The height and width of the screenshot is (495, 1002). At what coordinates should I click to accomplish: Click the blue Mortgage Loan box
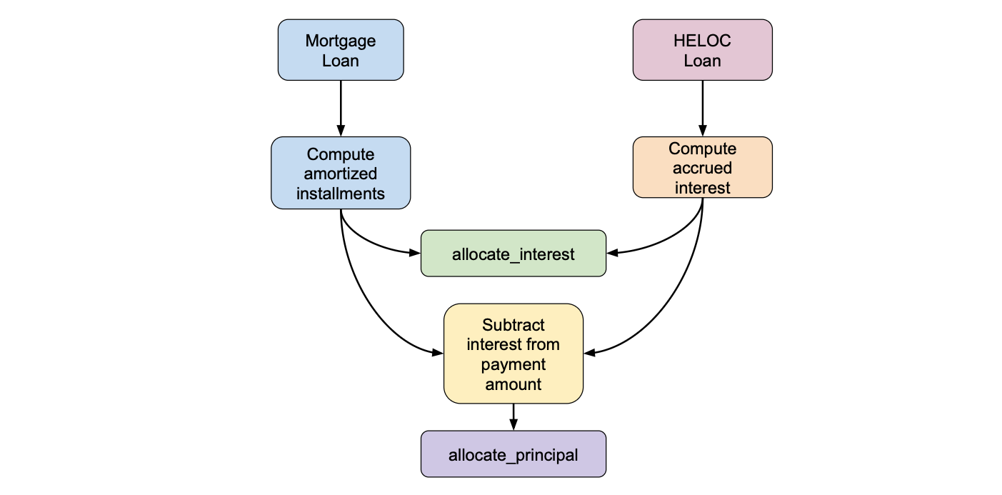coord(341,50)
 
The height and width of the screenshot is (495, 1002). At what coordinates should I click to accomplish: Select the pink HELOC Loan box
coord(702,50)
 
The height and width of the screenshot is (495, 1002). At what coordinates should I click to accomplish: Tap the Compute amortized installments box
coord(341,174)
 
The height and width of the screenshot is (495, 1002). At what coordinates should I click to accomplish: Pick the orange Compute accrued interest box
coord(702,168)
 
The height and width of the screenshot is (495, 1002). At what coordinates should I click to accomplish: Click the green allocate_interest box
coord(513,254)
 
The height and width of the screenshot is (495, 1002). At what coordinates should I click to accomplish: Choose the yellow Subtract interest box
coord(513,354)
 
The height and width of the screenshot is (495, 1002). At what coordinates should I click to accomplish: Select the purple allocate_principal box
coord(513,454)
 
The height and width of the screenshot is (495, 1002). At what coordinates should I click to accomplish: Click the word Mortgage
coord(341,41)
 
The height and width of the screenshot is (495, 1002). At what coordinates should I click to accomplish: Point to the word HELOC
coord(702,41)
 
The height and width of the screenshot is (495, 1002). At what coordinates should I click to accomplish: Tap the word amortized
coord(341,174)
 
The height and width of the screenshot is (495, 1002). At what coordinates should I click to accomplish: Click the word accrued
coord(702,168)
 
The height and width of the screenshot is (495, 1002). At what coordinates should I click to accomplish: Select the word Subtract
coord(513,325)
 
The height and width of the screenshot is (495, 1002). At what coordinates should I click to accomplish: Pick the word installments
coord(341,193)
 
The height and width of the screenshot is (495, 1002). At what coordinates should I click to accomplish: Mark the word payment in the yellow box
coord(513,364)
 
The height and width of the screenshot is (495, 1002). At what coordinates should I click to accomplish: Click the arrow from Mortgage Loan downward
coord(341,107)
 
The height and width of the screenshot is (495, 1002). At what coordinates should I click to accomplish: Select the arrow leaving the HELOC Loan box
coord(702,107)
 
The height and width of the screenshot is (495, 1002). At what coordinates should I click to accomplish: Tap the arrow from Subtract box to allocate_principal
coord(513,416)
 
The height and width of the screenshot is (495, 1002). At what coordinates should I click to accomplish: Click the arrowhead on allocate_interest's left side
coord(415,252)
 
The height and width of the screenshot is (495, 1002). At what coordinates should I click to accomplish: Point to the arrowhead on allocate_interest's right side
coord(612,252)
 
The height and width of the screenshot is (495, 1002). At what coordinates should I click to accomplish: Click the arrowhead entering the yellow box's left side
coord(438,352)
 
